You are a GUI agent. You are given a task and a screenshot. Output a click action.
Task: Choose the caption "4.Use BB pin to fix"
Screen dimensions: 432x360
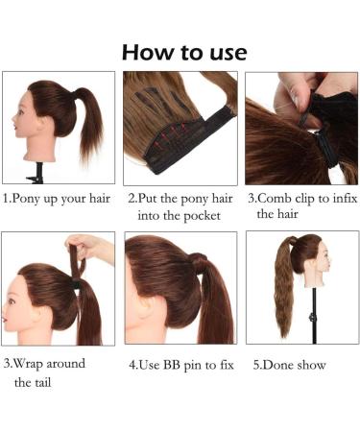[180, 365]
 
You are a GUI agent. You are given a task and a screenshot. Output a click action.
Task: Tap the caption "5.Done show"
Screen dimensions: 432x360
[289, 365]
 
